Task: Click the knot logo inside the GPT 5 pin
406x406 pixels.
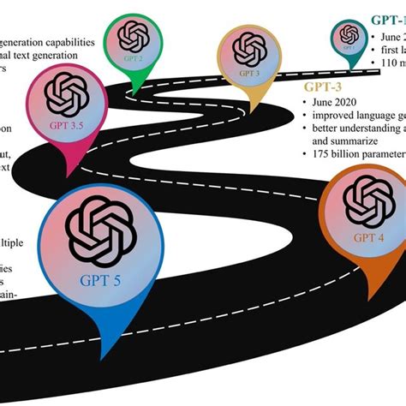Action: click(101, 224)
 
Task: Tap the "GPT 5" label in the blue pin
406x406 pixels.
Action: click(101, 278)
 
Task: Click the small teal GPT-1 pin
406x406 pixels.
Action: click(348, 36)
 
